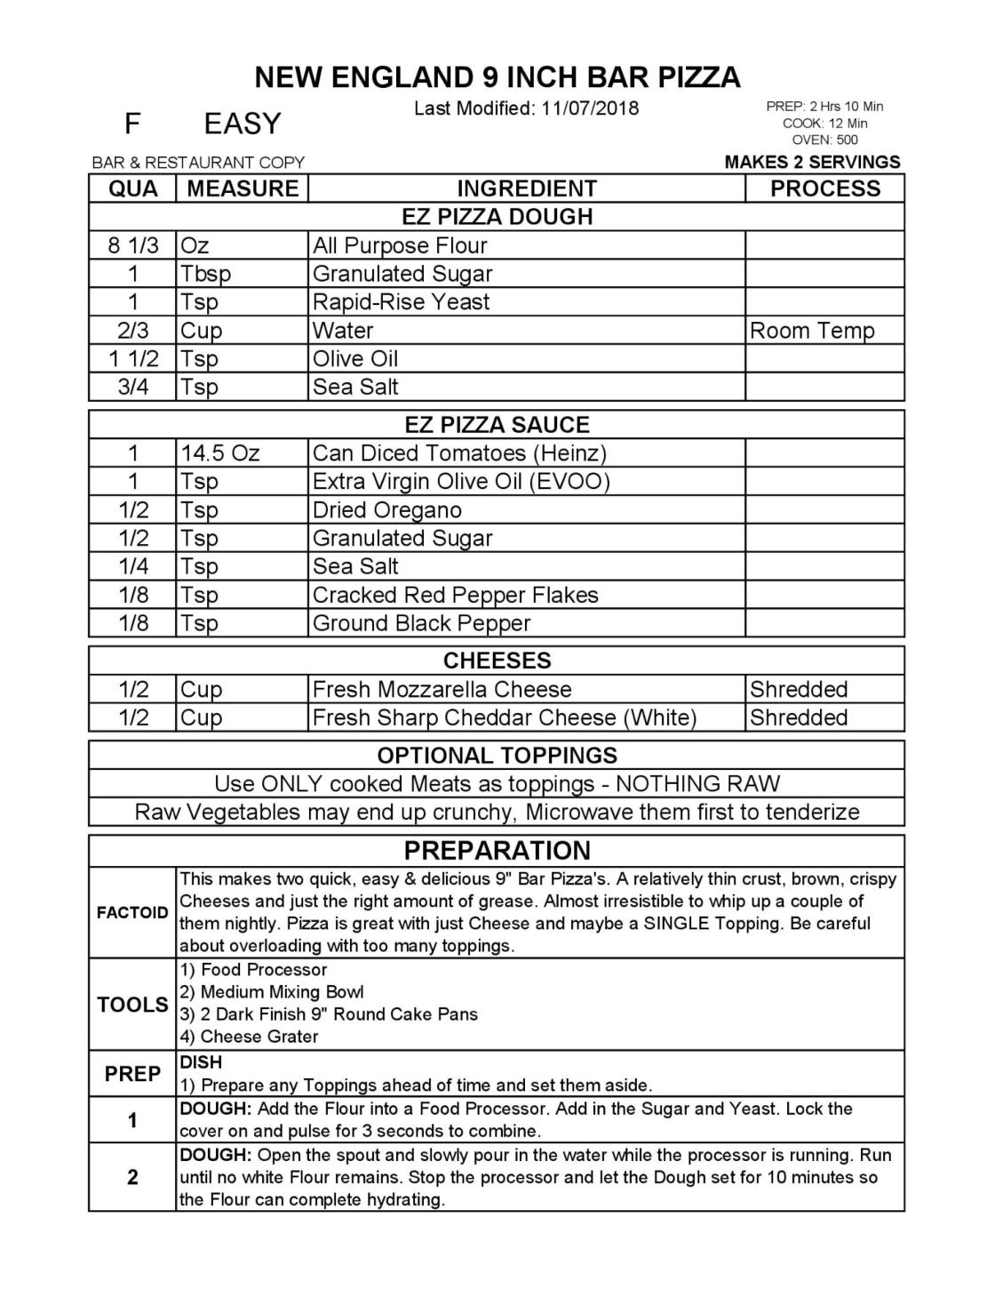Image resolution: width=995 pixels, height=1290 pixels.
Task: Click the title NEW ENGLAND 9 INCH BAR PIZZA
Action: [x=497, y=77]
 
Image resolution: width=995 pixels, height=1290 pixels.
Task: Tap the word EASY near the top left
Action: [x=242, y=124]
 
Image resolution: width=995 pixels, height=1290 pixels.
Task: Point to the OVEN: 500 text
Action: [x=824, y=140]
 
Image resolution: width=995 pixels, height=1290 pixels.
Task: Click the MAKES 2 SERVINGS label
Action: [x=812, y=162]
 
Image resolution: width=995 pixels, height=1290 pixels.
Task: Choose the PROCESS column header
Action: [x=824, y=188]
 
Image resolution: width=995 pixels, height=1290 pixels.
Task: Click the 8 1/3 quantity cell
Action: [x=132, y=245]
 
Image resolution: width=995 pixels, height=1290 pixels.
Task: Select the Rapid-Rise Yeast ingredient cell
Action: [x=401, y=302]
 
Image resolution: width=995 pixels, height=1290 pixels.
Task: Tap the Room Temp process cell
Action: [x=812, y=331]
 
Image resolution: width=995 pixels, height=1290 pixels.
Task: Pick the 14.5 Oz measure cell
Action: [x=220, y=453]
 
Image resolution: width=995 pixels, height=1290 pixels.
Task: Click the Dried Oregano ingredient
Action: [x=386, y=510]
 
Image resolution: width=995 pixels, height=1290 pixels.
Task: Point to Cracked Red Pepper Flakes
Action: [x=455, y=595]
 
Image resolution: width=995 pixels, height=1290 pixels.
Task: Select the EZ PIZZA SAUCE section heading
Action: [x=497, y=425]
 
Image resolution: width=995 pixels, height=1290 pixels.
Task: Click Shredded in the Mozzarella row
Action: [x=798, y=689]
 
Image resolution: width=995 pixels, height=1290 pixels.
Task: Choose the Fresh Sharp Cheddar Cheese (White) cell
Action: [x=504, y=717]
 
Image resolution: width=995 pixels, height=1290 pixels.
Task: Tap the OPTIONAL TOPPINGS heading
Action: [x=497, y=756]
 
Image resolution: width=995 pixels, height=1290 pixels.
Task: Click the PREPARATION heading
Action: [x=497, y=851]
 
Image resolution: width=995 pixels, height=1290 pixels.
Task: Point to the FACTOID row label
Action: [x=132, y=913]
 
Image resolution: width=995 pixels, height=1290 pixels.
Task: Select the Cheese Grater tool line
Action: [x=259, y=1037]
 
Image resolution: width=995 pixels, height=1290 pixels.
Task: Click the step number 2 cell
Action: [x=132, y=1177]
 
